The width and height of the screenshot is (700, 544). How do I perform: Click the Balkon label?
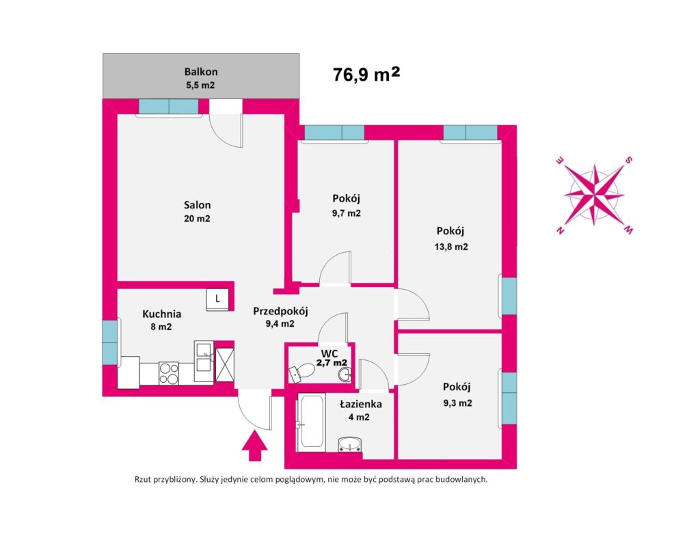click(201, 71)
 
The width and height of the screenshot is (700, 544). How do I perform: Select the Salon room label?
click(197, 205)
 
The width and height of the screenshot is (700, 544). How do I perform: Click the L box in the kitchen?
click(217, 299)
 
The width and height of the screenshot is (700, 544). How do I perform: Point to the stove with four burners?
click(169, 372)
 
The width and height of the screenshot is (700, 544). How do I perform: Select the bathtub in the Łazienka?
click(311, 422)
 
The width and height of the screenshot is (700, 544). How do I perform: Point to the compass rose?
click(594, 195)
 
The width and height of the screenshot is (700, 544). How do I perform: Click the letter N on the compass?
click(560, 230)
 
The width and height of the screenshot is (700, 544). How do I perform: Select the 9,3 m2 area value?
click(457, 403)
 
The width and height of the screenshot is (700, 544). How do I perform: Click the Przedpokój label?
click(280, 311)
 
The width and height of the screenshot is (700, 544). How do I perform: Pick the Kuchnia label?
click(162, 314)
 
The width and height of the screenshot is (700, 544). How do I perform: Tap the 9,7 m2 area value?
click(347, 213)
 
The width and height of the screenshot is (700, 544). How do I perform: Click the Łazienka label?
click(361, 404)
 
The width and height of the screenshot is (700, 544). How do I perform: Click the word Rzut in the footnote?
click(146, 480)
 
